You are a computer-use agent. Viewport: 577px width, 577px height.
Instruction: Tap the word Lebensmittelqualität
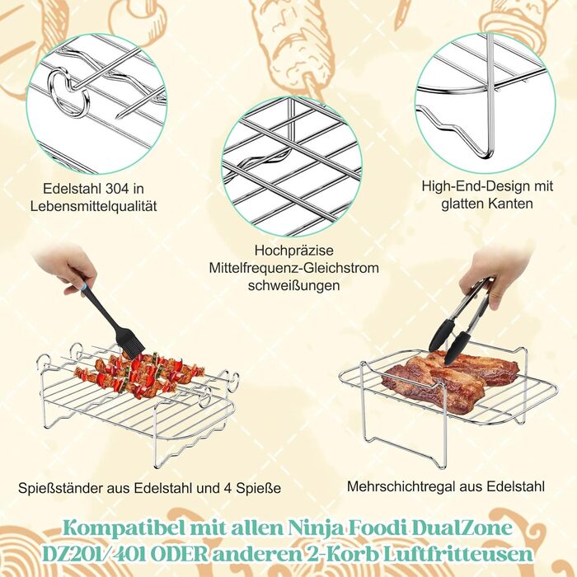point(93,206)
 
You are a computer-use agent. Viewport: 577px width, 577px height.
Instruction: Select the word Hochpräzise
point(294,251)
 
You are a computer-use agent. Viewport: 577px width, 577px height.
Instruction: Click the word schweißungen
point(293,285)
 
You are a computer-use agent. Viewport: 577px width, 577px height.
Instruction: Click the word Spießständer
point(61,489)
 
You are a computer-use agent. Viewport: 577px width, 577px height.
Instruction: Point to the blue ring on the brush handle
point(85,285)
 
